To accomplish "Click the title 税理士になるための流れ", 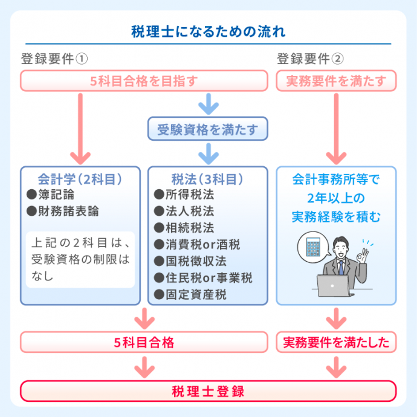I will [208, 31].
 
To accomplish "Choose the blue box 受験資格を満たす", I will [207, 129].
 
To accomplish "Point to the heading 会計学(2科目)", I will [80, 179].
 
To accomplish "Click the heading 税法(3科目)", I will [207, 179].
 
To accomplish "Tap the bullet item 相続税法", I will [187, 228].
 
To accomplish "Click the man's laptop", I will [334, 285].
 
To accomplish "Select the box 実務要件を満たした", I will [336, 343].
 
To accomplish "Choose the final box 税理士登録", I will [208, 391].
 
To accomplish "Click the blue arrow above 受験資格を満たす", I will [207, 103].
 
